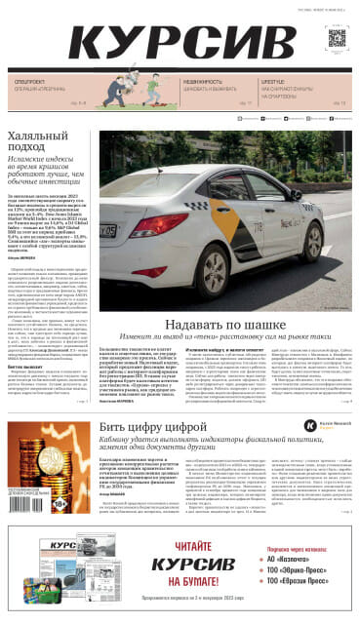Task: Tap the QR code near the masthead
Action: point(337,38)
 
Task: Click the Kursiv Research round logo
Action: point(310,398)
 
